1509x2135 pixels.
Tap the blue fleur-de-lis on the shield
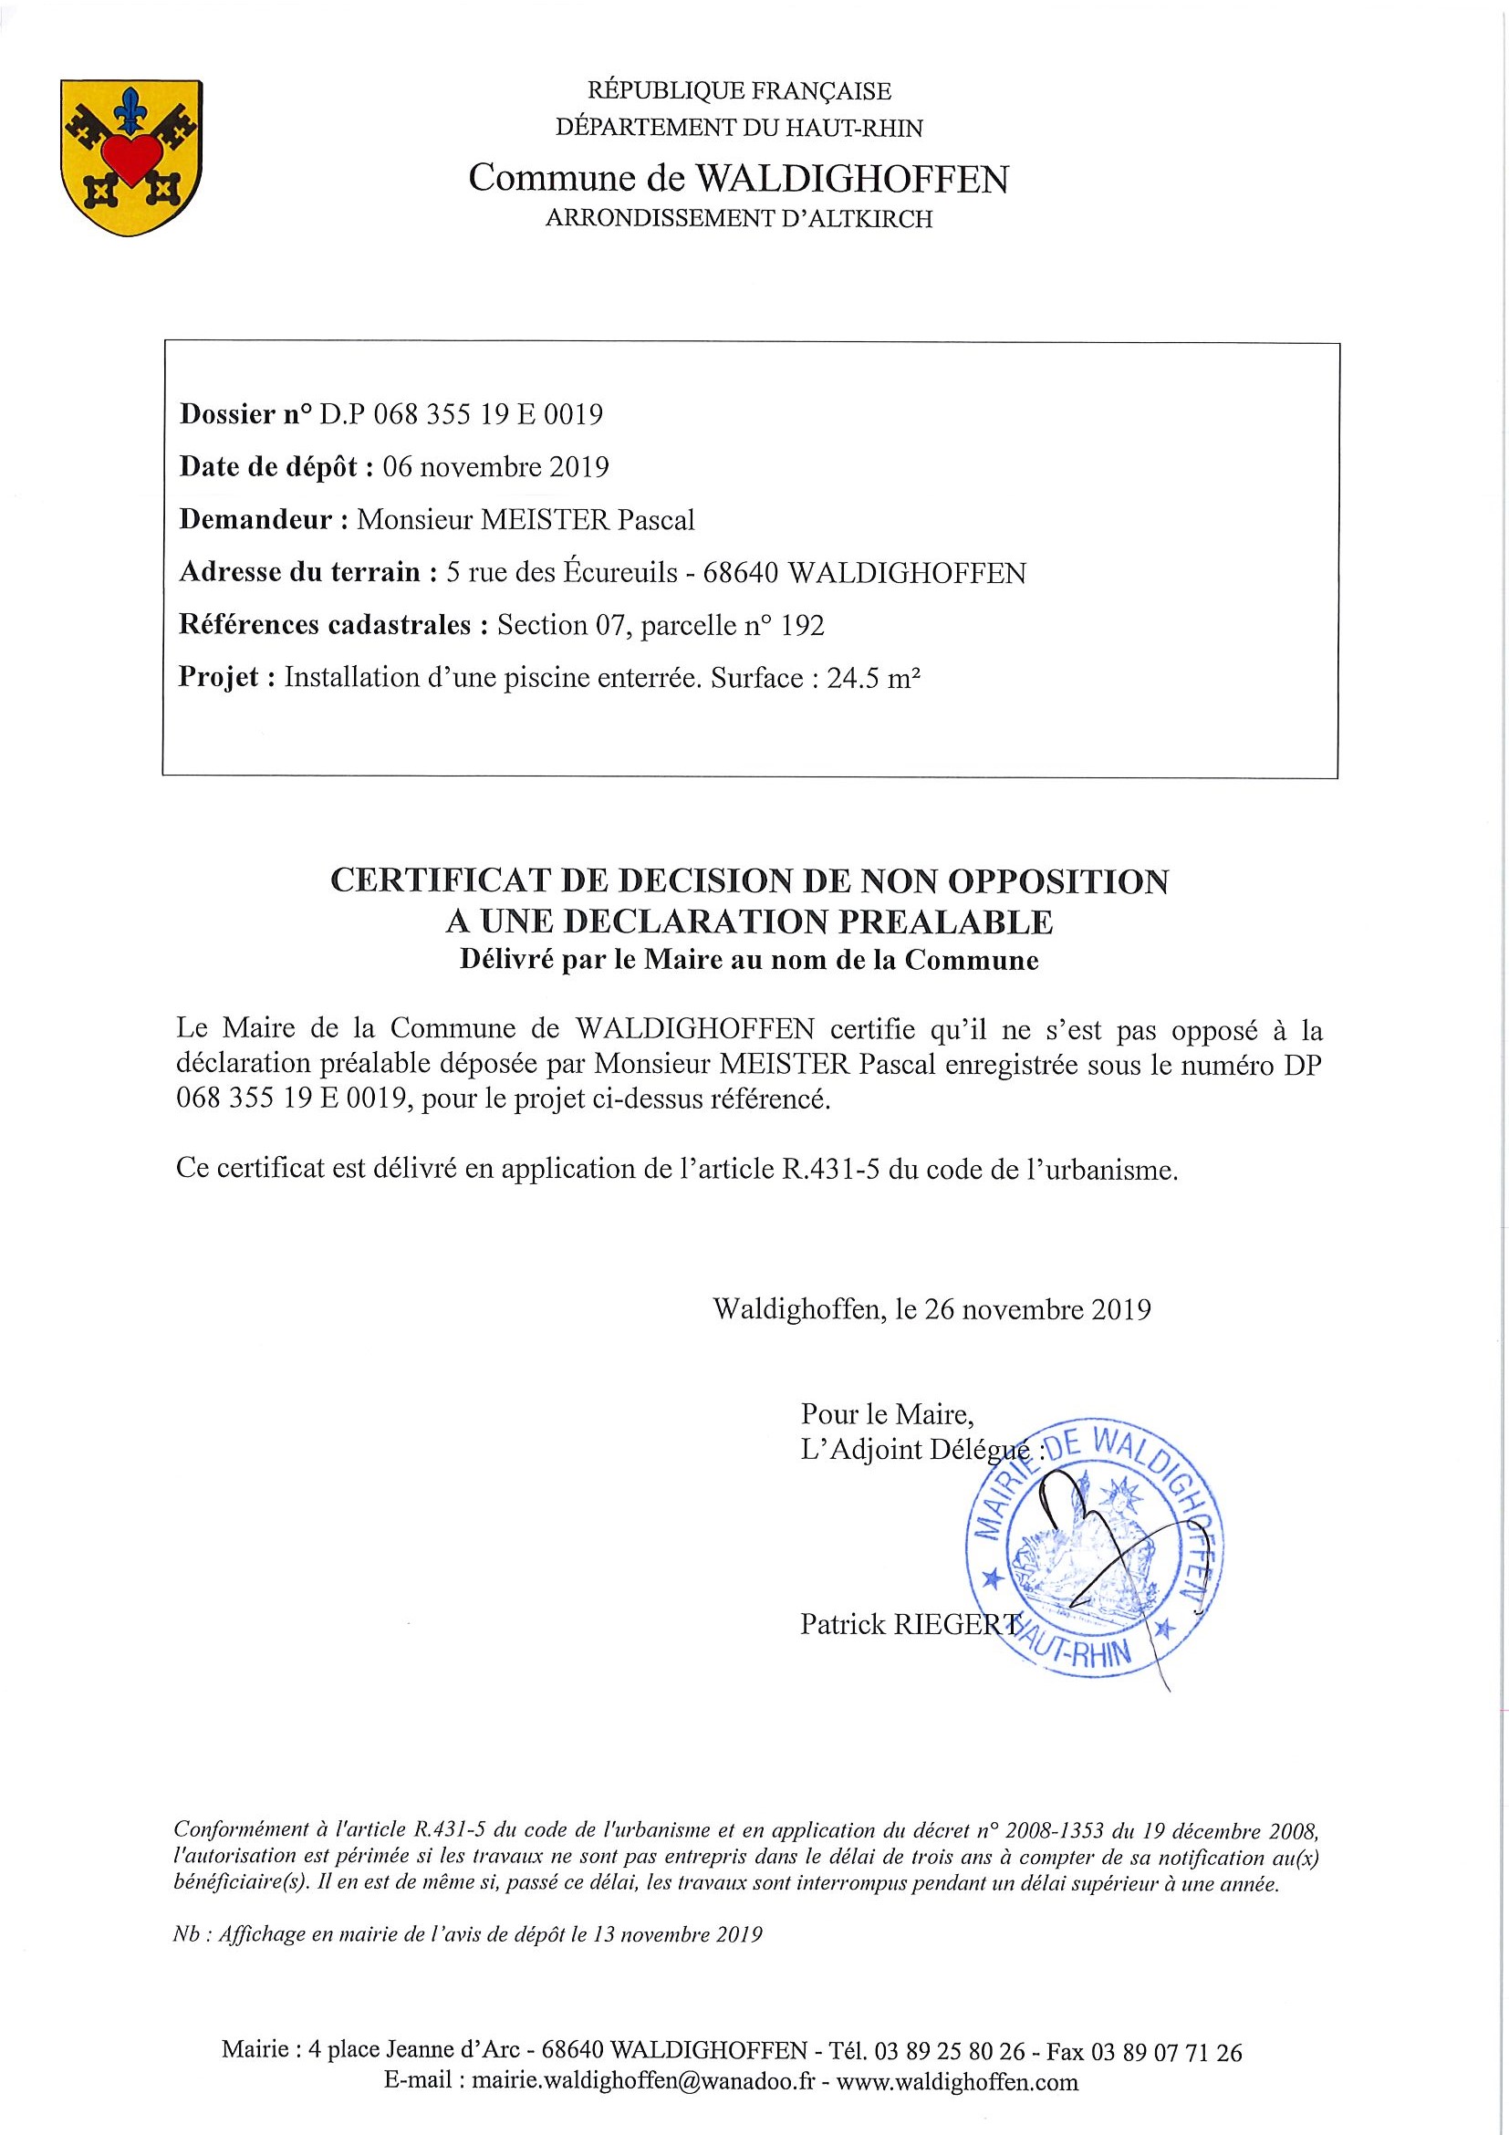[x=131, y=110]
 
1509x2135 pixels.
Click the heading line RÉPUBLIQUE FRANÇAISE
[x=739, y=91]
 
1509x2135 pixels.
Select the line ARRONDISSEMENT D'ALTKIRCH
[x=738, y=219]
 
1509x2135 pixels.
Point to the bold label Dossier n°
[x=245, y=414]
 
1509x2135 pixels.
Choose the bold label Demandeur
[x=255, y=519]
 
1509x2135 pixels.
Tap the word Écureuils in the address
[x=620, y=572]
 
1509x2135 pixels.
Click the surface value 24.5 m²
[x=873, y=678]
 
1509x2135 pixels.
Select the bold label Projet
[x=220, y=678]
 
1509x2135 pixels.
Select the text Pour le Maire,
[x=887, y=1414]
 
